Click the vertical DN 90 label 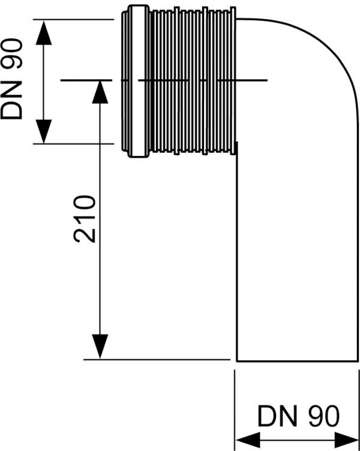tap(12, 79)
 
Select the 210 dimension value tap(86, 218)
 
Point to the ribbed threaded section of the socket tap(192, 82)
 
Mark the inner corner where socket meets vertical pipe tap(237, 144)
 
